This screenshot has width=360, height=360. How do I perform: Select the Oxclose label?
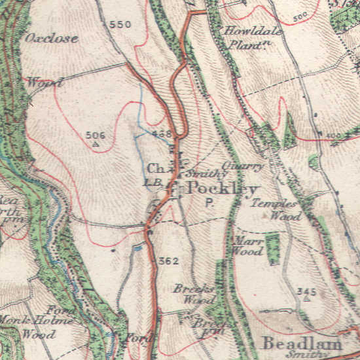tap(52, 38)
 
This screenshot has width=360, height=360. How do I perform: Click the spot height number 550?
tap(120, 25)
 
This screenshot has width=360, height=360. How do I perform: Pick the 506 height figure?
tap(96, 135)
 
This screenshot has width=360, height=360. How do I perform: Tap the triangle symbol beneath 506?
tap(96, 143)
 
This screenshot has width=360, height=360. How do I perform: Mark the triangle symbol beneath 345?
tap(306, 298)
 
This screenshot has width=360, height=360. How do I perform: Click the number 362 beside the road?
tap(168, 261)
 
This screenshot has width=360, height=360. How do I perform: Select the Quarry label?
tap(243, 166)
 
